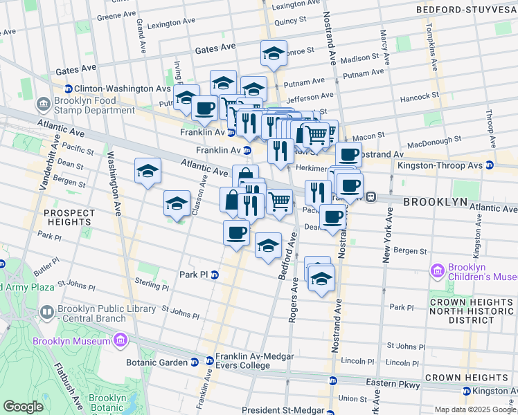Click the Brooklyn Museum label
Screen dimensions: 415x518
(x=72, y=341)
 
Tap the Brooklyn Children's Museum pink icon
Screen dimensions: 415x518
(x=437, y=270)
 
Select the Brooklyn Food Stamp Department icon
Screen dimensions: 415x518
(x=45, y=104)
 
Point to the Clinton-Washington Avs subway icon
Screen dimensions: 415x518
(x=69, y=89)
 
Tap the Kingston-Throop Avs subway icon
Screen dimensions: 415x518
(x=489, y=165)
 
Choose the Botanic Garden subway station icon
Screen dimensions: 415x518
(x=194, y=362)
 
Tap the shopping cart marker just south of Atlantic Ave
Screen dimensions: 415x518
(x=279, y=202)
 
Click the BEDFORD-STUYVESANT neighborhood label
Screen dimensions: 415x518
(x=466, y=10)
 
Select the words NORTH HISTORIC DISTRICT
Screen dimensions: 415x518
(x=472, y=314)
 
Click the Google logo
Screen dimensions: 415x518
(x=23, y=407)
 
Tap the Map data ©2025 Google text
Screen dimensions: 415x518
(x=474, y=409)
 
